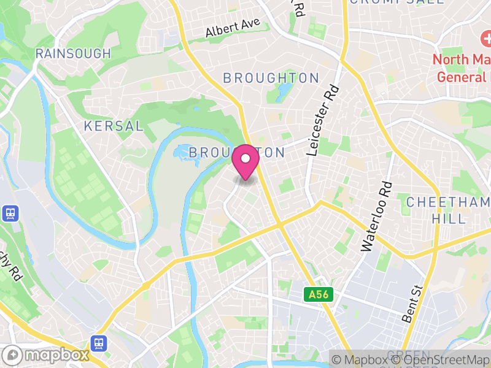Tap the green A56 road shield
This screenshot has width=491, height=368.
319,295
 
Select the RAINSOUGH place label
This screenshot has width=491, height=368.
74,53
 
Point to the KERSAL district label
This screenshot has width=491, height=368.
114,126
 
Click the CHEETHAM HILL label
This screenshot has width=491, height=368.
448,210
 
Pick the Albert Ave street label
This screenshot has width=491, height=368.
233,27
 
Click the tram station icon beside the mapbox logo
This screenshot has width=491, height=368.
98,342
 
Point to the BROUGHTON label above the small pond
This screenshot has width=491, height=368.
271,78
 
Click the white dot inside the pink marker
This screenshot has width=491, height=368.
246,159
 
